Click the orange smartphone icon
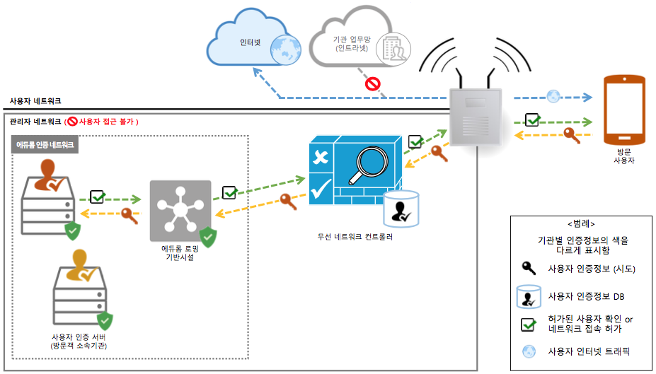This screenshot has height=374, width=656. click(624, 112)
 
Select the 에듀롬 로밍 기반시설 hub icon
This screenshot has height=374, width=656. click(180, 211)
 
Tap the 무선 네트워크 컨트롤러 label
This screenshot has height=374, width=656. click(355, 237)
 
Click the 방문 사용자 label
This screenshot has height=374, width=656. click(623, 156)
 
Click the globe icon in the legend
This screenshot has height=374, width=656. click(528, 351)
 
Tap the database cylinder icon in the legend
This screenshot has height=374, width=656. click(528, 296)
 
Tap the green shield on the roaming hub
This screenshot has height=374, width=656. click(207, 237)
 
